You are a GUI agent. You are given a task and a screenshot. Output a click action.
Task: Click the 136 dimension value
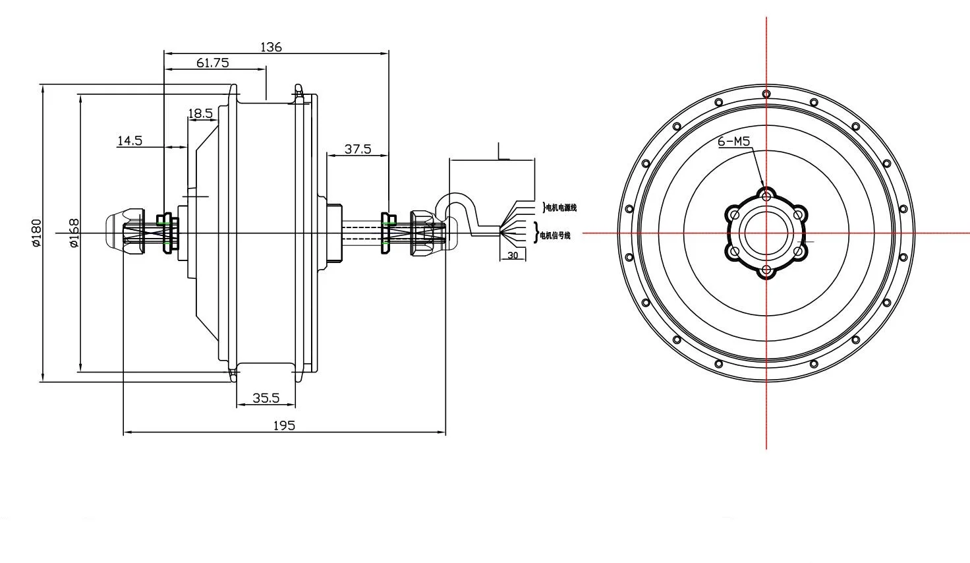[271, 47]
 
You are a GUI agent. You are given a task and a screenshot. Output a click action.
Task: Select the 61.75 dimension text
[212, 63]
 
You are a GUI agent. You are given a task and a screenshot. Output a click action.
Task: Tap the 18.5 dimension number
[200, 113]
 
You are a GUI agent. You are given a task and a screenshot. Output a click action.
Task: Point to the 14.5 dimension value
[130, 140]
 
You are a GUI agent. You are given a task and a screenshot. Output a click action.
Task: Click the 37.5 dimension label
[358, 149]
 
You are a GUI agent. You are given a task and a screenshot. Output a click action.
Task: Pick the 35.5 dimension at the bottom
[266, 398]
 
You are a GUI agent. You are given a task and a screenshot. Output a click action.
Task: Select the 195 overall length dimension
[284, 425]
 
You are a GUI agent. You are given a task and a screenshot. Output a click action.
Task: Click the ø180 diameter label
[36, 233]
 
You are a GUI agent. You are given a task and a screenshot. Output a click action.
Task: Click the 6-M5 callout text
[733, 140]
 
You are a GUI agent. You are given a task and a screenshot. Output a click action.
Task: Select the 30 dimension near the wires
[513, 255]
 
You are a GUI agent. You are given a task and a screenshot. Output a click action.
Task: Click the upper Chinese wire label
[560, 208]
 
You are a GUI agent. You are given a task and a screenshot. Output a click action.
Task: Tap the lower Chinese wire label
[555, 235]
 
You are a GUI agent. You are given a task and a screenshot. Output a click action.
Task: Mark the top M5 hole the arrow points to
[766, 196]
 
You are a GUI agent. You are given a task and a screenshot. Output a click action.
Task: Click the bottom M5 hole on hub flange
[766, 270]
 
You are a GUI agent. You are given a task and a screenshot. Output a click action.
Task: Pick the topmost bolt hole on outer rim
[766, 94]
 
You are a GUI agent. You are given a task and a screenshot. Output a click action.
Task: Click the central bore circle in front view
[766, 233]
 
